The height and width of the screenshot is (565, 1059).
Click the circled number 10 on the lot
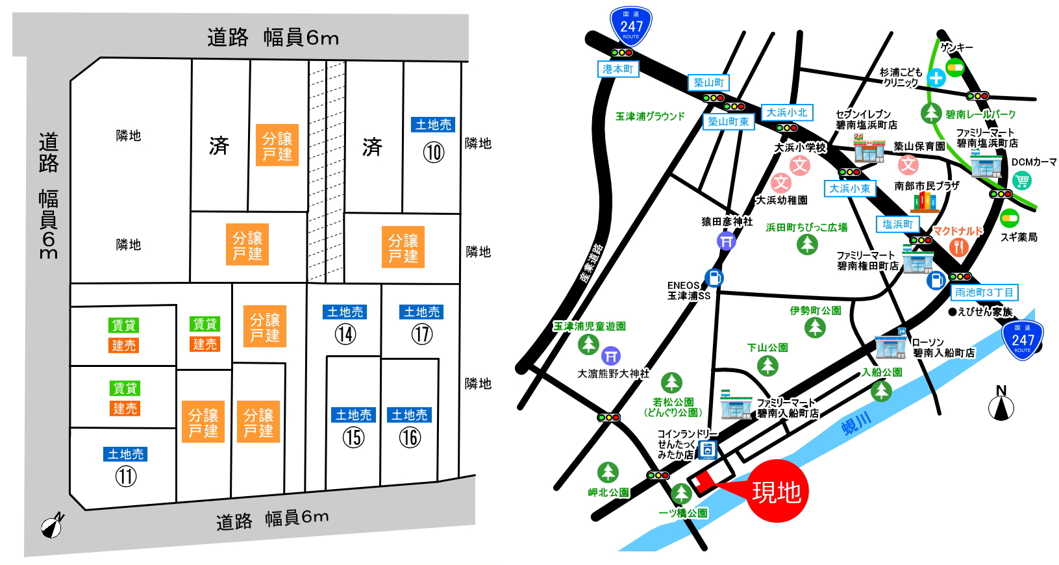[x=434, y=153]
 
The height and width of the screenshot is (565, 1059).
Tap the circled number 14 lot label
[x=345, y=334]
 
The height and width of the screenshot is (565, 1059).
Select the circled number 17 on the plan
[x=422, y=334]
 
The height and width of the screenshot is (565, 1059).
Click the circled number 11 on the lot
[x=126, y=477]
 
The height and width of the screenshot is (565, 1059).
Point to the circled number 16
[x=410, y=437]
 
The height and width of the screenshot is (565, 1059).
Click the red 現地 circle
[x=777, y=492]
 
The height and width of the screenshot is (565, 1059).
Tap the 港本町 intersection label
[x=617, y=69]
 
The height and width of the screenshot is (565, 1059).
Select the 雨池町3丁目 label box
[x=984, y=292]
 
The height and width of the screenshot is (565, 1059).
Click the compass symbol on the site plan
[x=53, y=525]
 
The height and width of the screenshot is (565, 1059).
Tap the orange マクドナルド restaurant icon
[x=958, y=247]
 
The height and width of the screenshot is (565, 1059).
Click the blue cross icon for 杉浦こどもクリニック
[x=936, y=79]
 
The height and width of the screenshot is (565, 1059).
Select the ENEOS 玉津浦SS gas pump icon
[x=714, y=278]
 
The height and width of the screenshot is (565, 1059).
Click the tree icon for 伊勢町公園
[x=815, y=327]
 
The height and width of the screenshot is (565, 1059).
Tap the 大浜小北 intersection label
[x=786, y=113]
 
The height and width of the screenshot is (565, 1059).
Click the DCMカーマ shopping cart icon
[x=1021, y=181]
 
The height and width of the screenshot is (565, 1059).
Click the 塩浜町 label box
[x=897, y=224]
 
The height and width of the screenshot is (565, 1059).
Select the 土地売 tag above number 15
[x=353, y=415]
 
